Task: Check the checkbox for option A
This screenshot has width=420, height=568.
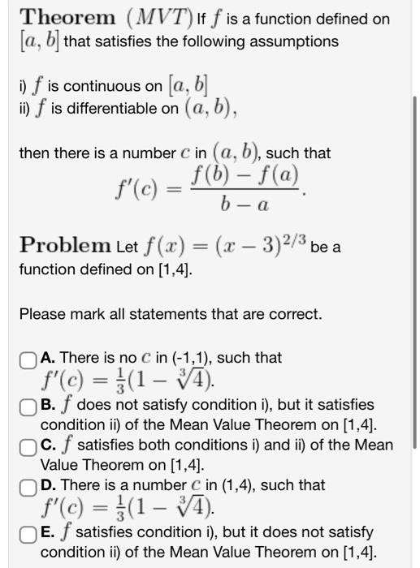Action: pyautogui.click(x=28, y=358)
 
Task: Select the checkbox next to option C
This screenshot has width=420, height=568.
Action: pyautogui.click(x=28, y=445)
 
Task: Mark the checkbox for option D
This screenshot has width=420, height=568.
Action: pyautogui.click(x=28, y=486)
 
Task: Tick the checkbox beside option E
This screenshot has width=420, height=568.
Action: pyautogui.click(x=28, y=532)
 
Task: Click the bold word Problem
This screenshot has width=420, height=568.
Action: pyautogui.click(x=66, y=244)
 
